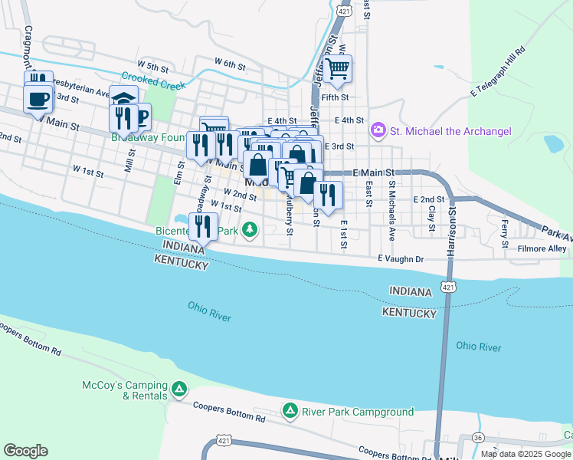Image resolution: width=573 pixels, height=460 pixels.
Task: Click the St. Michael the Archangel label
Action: pos(450,131)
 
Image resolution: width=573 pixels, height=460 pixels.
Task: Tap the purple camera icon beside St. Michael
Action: pos(378,131)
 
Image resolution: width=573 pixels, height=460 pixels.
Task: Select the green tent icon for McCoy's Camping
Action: pos(178,390)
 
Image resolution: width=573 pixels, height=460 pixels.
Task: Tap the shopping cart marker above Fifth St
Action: pos(337,69)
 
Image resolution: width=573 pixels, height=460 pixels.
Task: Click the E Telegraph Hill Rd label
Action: pos(497,73)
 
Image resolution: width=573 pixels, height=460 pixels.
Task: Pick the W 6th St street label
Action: pos(229,63)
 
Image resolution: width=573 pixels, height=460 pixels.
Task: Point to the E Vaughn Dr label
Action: pos(400,259)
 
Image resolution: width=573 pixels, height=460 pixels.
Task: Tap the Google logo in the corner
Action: pos(25,450)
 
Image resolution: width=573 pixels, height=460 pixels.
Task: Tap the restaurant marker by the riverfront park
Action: pos(203,225)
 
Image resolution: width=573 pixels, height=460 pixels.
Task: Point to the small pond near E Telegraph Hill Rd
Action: pos(552,143)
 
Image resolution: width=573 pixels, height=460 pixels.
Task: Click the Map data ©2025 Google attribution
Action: pos(526,454)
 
